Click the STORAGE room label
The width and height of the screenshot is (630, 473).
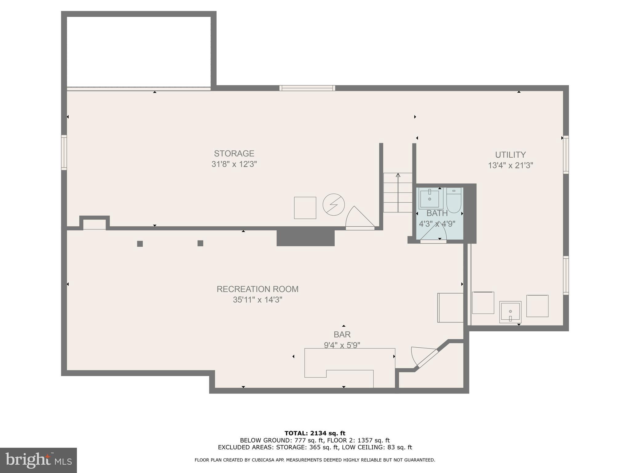[x=234, y=153]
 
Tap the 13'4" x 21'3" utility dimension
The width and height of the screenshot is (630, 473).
[x=510, y=165]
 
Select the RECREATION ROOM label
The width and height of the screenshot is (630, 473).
[x=257, y=289]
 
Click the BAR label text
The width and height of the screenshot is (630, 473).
[x=342, y=334]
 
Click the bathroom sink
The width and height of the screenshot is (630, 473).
[x=429, y=199]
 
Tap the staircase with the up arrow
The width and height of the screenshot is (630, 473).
[x=398, y=192]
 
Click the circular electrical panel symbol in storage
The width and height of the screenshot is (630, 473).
[x=333, y=204]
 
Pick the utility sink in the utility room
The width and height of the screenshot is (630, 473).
[x=510, y=312]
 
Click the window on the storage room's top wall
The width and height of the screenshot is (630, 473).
[x=307, y=88]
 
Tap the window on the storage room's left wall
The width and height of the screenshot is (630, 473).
[x=64, y=152]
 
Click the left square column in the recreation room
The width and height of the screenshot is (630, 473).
[x=140, y=244]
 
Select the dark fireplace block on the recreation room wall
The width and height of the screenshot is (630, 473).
[x=305, y=238]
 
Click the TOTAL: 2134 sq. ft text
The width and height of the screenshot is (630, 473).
[x=315, y=433]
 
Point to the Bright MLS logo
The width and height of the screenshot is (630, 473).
[x=38, y=460]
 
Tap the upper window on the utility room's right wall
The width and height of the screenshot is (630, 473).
[x=565, y=155]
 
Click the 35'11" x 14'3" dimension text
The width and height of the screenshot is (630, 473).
[x=257, y=300]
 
